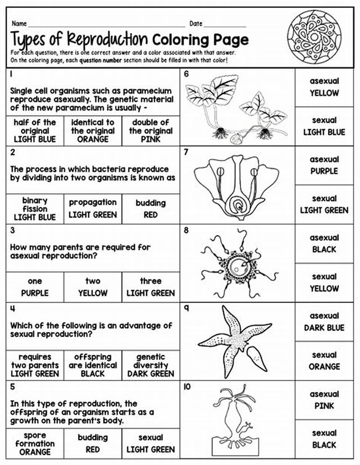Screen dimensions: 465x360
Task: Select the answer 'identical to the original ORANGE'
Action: click(93, 131)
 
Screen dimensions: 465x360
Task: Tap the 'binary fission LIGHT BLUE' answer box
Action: click(35, 209)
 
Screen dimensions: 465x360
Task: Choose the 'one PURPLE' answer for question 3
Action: click(35, 287)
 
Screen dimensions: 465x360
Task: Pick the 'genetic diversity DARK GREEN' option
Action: click(151, 365)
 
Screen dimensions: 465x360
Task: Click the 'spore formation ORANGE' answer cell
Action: click(35, 443)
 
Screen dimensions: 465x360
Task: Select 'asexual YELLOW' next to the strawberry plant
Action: click(324, 87)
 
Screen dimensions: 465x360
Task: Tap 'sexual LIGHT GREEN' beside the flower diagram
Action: click(324, 204)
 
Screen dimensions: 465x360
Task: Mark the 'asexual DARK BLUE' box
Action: click(324, 322)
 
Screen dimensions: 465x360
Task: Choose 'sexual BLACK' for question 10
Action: click(324, 439)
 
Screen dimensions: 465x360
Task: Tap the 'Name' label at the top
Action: click(19, 23)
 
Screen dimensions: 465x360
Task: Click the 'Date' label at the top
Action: click(196, 23)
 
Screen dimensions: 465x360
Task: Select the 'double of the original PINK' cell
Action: click(151, 131)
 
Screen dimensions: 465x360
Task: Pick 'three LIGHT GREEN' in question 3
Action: click(151, 287)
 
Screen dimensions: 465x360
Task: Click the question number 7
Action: click(186, 152)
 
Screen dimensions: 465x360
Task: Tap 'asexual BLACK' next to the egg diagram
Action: click(324, 243)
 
